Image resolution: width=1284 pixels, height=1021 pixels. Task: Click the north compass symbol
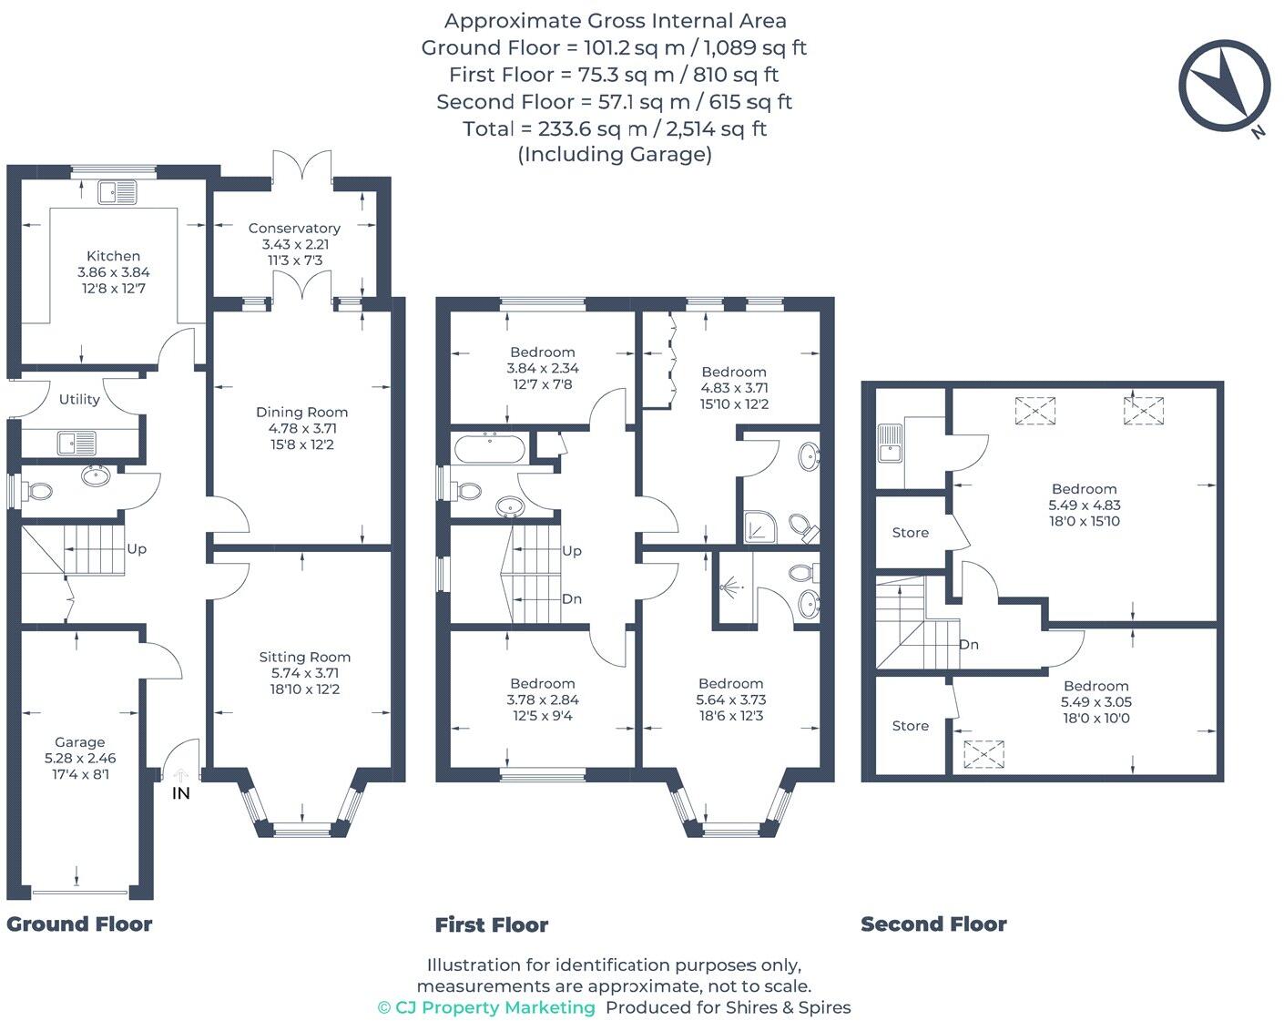[1224, 86]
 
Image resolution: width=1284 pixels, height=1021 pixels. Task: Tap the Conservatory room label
[294, 229]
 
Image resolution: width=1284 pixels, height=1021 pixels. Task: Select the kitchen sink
[118, 193]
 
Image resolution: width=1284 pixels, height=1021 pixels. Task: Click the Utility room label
[79, 399]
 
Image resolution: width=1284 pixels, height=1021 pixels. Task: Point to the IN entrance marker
[181, 793]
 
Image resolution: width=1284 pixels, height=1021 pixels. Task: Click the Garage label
[80, 742]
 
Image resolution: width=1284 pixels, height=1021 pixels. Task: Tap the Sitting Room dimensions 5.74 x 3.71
[304, 673]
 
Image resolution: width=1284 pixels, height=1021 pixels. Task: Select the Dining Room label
[301, 413]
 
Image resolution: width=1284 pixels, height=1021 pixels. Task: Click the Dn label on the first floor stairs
[572, 599]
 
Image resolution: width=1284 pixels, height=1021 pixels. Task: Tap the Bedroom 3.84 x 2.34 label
[543, 352]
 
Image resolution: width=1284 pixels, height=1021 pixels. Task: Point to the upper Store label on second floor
[911, 533]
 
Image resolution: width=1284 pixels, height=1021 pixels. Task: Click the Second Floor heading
[933, 924]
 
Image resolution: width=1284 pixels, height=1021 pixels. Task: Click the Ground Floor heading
[79, 924]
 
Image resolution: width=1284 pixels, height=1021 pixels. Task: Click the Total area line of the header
[615, 128]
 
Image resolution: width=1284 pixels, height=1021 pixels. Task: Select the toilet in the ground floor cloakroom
[39, 492]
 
